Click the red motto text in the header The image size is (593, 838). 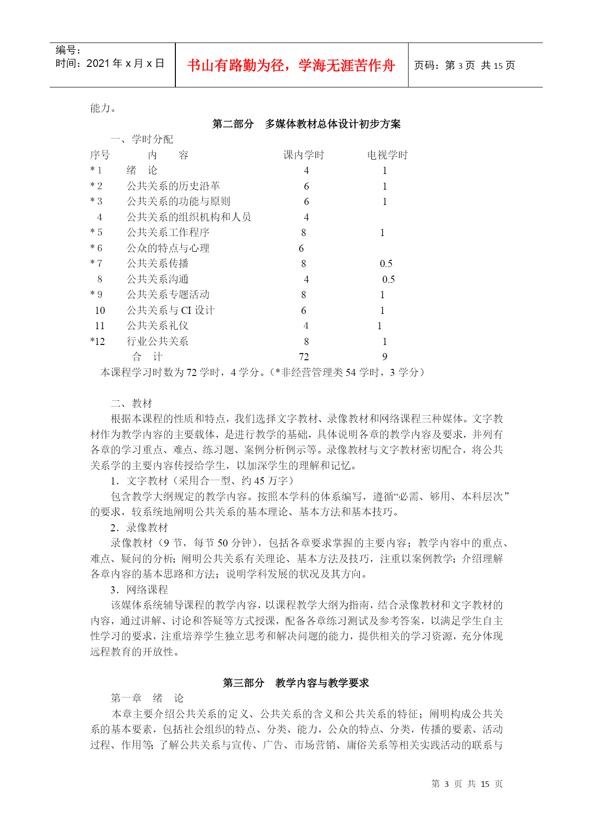pyautogui.click(x=291, y=65)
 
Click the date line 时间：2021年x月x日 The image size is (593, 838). pyautogui.click(x=110, y=64)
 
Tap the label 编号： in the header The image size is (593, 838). pyautogui.click(x=68, y=50)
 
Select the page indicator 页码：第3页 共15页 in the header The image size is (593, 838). pyautogui.click(x=464, y=65)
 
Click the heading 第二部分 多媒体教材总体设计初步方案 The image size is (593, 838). pyautogui.click(x=306, y=124)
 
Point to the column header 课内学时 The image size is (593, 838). pyautogui.click(x=303, y=155)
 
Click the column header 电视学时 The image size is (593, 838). pyautogui.click(x=387, y=155)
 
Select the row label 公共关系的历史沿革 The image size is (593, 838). pyautogui.click(x=173, y=186)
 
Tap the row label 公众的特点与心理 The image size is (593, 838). pyautogui.click(x=168, y=248)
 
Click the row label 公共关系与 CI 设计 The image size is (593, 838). pyautogui.click(x=171, y=310)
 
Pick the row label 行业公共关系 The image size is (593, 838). pyautogui.click(x=157, y=341)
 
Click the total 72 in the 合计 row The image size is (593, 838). pyautogui.click(x=303, y=357)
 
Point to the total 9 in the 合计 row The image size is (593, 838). pyautogui.click(x=385, y=357)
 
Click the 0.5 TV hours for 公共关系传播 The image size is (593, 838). pyautogui.click(x=386, y=264)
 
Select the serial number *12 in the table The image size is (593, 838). pyautogui.click(x=97, y=341)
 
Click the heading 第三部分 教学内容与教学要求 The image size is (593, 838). pyautogui.click(x=296, y=683)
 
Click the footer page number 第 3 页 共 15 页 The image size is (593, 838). pyautogui.click(x=466, y=784)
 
